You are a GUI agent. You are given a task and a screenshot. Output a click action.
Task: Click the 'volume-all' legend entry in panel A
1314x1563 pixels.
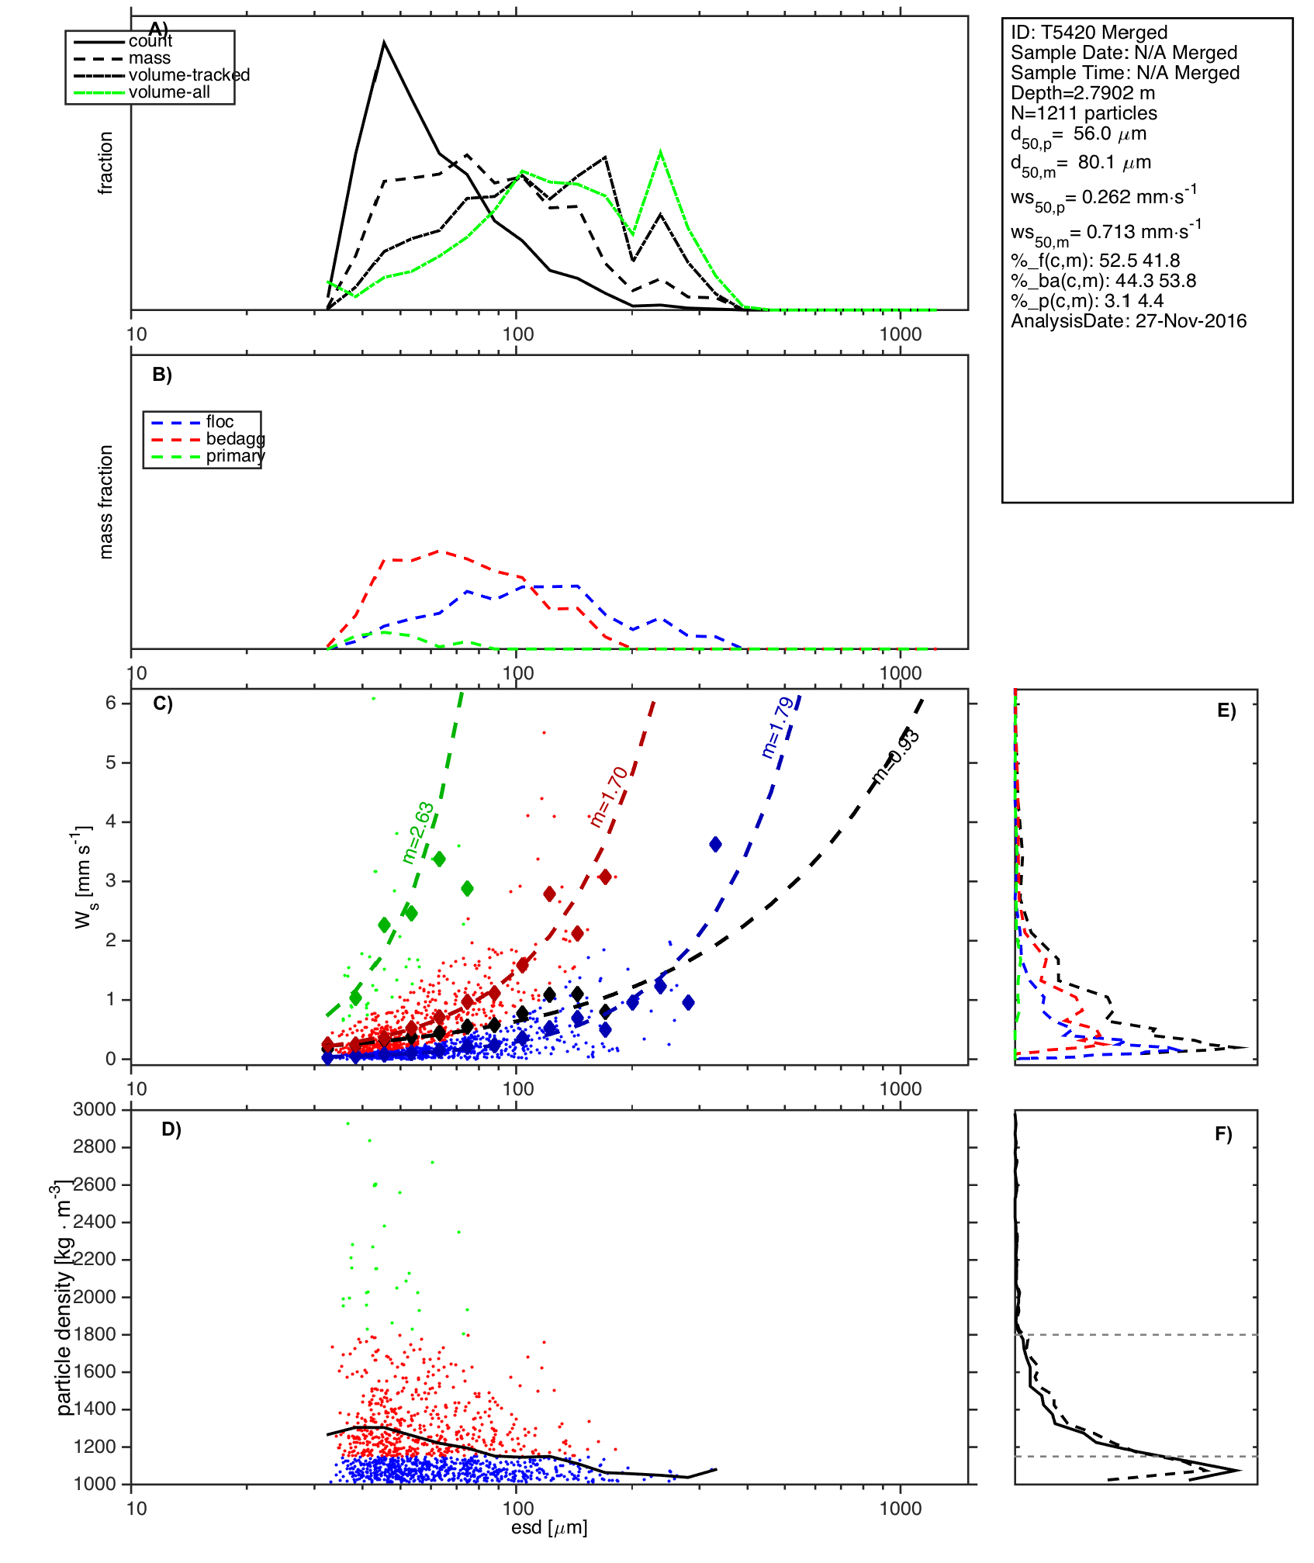pyautogui.click(x=169, y=92)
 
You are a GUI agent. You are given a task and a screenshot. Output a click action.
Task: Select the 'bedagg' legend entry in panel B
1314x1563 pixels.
pyautogui.click(x=235, y=439)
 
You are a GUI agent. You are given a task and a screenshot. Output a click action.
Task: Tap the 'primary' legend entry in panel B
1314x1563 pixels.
pyautogui.click(x=235, y=456)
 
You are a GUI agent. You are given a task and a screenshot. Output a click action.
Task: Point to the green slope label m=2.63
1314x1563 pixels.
pyautogui.click(x=418, y=833)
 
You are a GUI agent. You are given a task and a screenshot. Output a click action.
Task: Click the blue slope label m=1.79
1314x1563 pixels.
pyautogui.click(x=777, y=728)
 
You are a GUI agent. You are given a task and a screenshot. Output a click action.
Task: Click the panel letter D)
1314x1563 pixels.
pyautogui.click(x=171, y=1129)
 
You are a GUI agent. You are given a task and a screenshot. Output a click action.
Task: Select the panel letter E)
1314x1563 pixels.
pyautogui.click(x=1226, y=711)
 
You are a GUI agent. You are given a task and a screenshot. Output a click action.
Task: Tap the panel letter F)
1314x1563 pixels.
pyautogui.click(x=1223, y=1135)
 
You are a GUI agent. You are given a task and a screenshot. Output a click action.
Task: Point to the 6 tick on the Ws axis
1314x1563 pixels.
pyautogui.click(x=111, y=703)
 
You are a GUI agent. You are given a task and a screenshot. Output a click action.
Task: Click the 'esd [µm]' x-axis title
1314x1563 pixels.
pyautogui.click(x=549, y=1527)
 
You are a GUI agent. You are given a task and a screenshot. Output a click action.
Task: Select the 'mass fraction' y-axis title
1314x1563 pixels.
pyautogui.click(x=106, y=501)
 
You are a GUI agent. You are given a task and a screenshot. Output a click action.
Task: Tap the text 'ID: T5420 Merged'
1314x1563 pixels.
pyautogui.click(x=1088, y=33)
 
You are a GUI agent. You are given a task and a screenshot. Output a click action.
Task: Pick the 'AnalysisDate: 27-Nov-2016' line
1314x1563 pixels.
pyautogui.click(x=1128, y=321)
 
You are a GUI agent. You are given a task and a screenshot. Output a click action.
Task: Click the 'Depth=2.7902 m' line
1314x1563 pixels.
pyautogui.click(x=1082, y=93)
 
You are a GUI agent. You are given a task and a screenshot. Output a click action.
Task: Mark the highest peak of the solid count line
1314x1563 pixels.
pyautogui.click(x=384, y=43)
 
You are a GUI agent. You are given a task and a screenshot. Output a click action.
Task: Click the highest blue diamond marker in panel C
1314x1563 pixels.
pyautogui.click(x=715, y=844)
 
